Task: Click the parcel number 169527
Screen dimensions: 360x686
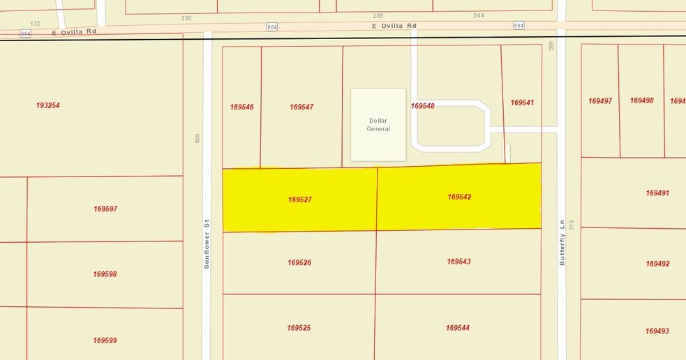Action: point(299,200)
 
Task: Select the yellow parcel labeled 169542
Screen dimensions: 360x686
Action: point(459,197)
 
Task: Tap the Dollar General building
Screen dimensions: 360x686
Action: point(378,125)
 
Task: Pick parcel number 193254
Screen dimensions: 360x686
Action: point(48,105)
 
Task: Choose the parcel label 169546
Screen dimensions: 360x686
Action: point(241,107)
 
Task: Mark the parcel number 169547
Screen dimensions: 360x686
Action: point(301,107)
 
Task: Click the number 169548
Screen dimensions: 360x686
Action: point(422,106)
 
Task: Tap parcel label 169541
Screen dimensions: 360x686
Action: point(522,103)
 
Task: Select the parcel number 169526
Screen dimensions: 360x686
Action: point(299,263)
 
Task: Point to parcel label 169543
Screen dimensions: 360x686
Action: point(458,262)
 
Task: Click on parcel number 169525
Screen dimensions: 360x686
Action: point(299,328)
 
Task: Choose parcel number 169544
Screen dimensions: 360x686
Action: point(458,328)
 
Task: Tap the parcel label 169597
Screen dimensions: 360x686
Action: point(105,209)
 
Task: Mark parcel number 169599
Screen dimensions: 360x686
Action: point(105,340)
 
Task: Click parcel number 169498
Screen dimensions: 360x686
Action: point(641,100)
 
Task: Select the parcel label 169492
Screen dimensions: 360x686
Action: point(657,264)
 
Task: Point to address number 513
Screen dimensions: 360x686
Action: point(572,225)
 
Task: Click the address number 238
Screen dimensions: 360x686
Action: point(378,15)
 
